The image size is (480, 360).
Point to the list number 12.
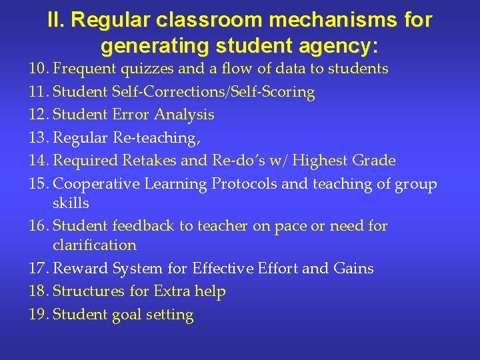pyautogui.click(x=37, y=115)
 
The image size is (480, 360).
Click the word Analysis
pyautogui.click(x=184, y=115)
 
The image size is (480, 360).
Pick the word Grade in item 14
pyautogui.click(x=373, y=161)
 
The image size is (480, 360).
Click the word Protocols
pyautogui.click(x=245, y=184)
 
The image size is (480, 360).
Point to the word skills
pyautogui.click(x=71, y=203)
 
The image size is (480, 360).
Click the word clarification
pyautogui.click(x=95, y=245)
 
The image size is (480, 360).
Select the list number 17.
pyautogui.click(x=37, y=269)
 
